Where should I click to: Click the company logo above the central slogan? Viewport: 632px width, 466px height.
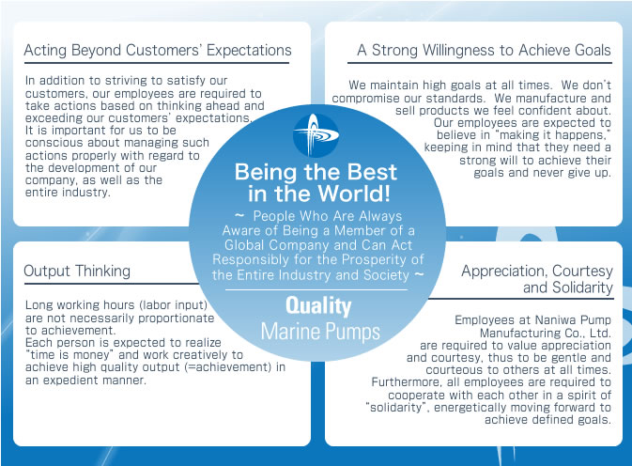[x=316, y=135]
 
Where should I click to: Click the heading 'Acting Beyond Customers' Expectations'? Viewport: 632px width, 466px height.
[x=158, y=50]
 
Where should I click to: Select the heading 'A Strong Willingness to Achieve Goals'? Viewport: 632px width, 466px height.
[x=484, y=50]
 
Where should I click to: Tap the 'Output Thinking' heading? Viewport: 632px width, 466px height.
[x=77, y=271]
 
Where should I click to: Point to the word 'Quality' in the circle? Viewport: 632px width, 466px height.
[x=318, y=306]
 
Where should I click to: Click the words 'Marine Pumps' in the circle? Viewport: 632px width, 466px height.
[x=320, y=332]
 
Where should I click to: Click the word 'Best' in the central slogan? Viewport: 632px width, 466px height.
[x=372, y=172]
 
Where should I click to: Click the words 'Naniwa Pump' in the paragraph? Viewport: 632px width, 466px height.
[x=572, y=320]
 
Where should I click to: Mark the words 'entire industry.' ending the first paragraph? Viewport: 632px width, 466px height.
[x=68, y=193]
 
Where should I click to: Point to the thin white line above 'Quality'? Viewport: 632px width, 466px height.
[x=316, y=289]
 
